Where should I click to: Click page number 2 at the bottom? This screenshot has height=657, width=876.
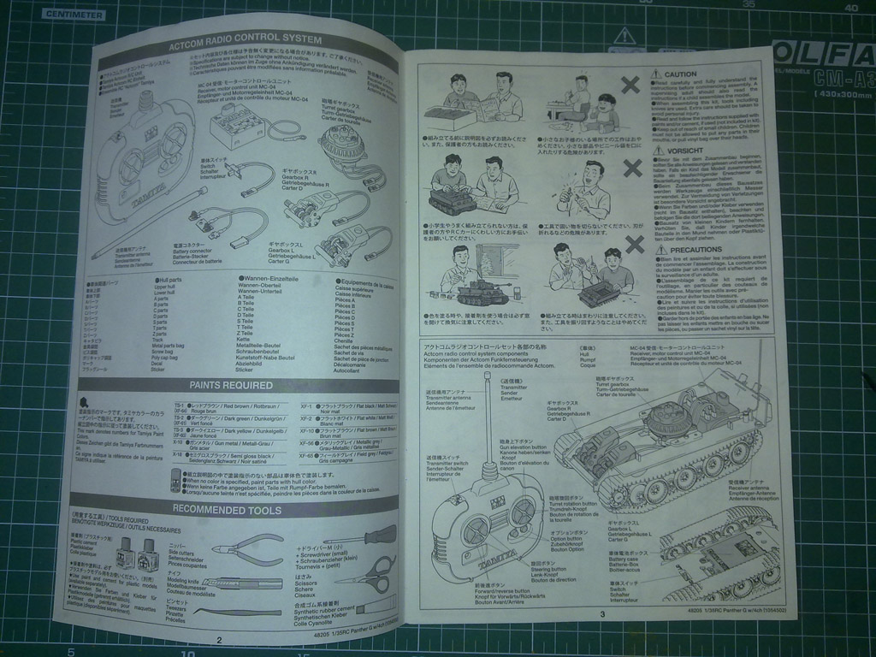[219, 639]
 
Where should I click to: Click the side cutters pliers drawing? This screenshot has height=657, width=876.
[247, 548]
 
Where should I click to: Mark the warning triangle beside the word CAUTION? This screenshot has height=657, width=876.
[656, 75]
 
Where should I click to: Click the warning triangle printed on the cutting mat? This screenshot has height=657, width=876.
[625, 35]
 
